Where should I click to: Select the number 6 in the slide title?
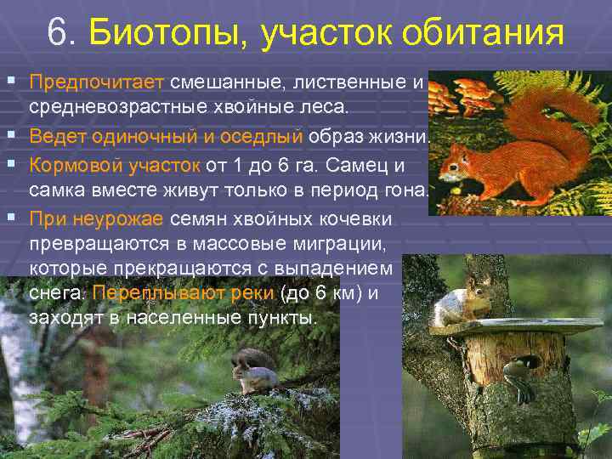click(x=57, y=35)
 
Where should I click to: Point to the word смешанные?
click(x=223, y=84)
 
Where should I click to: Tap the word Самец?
click(x=371, y=164)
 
